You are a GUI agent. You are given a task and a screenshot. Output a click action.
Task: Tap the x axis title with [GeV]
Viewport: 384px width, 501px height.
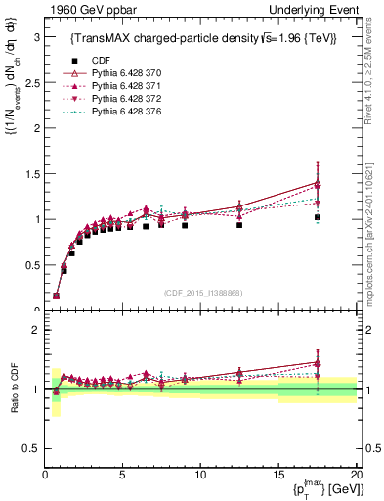tap(320, 488)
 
